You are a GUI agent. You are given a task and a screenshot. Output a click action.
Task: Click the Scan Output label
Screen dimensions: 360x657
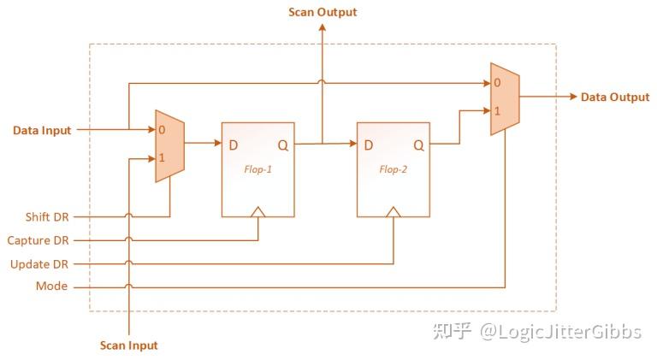tap(323, 12)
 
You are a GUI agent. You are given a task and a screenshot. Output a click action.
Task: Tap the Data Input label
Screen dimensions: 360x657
tap(42, 131)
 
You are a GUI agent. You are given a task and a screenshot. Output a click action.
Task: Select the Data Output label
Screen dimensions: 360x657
tap(615, 97)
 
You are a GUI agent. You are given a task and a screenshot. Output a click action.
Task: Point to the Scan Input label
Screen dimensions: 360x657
tap(129, 345)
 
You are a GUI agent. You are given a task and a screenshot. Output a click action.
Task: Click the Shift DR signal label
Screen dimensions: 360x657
tap(48, 217)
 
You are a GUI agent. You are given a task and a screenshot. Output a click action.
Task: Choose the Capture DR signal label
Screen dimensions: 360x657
tap(38, 240)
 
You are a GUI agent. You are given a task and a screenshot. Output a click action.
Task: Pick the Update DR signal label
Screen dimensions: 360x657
tap(38, 264)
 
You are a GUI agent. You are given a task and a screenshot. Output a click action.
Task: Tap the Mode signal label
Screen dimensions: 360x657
tap(51, 286)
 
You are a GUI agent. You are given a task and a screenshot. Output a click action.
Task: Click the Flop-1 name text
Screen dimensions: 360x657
tap(257, 169)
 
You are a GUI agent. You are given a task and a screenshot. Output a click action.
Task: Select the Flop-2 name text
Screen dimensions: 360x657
tap(393, 169)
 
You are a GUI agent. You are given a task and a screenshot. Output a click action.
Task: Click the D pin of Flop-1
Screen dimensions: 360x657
tap(233, 145)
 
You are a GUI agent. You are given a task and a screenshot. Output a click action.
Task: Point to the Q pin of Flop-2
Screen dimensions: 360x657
tap(418, 145)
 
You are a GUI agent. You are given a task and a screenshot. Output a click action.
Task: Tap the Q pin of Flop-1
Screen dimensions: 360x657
tap(282, 145)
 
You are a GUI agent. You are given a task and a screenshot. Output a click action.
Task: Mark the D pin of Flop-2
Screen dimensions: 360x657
tap(368, 145)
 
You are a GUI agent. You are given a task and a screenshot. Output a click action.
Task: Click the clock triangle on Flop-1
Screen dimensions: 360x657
tap(257, 210)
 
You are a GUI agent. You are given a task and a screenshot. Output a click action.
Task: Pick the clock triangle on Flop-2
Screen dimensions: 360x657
tap(393, 210)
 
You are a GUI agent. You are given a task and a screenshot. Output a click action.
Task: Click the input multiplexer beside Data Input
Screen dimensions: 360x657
tap(169, 145)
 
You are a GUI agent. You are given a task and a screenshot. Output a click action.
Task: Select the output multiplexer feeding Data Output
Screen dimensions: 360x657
tap(505, 98)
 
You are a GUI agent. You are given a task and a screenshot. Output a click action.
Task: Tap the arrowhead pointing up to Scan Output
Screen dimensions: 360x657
tap(322, 27)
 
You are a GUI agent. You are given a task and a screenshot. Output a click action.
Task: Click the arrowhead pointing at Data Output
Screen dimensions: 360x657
tap(572, 97)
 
